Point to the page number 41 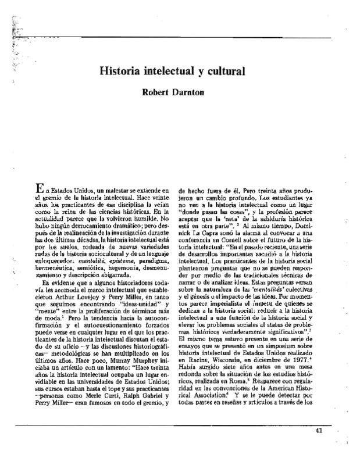318,430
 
